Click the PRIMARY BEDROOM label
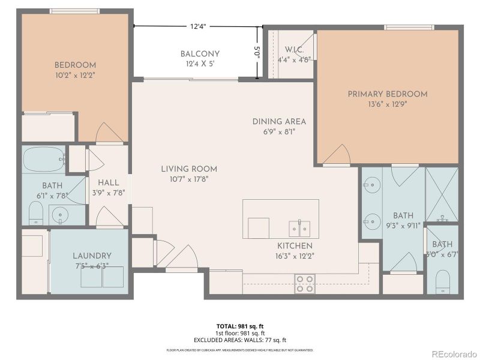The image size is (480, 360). pos(388,94)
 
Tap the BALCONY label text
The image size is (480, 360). pos(200,54)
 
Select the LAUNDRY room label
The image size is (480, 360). pos(92,256)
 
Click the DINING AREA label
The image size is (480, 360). pos(279,121)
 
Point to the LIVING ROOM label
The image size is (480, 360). pos(189,169)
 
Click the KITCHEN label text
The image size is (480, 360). pos(295,246)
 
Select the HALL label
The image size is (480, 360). pos(109,182)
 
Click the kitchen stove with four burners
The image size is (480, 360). pos(305,284)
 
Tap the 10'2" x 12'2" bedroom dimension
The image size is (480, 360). pos(75,76)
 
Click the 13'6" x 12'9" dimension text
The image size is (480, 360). pos(388,104)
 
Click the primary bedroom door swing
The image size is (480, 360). pos(337,155)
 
